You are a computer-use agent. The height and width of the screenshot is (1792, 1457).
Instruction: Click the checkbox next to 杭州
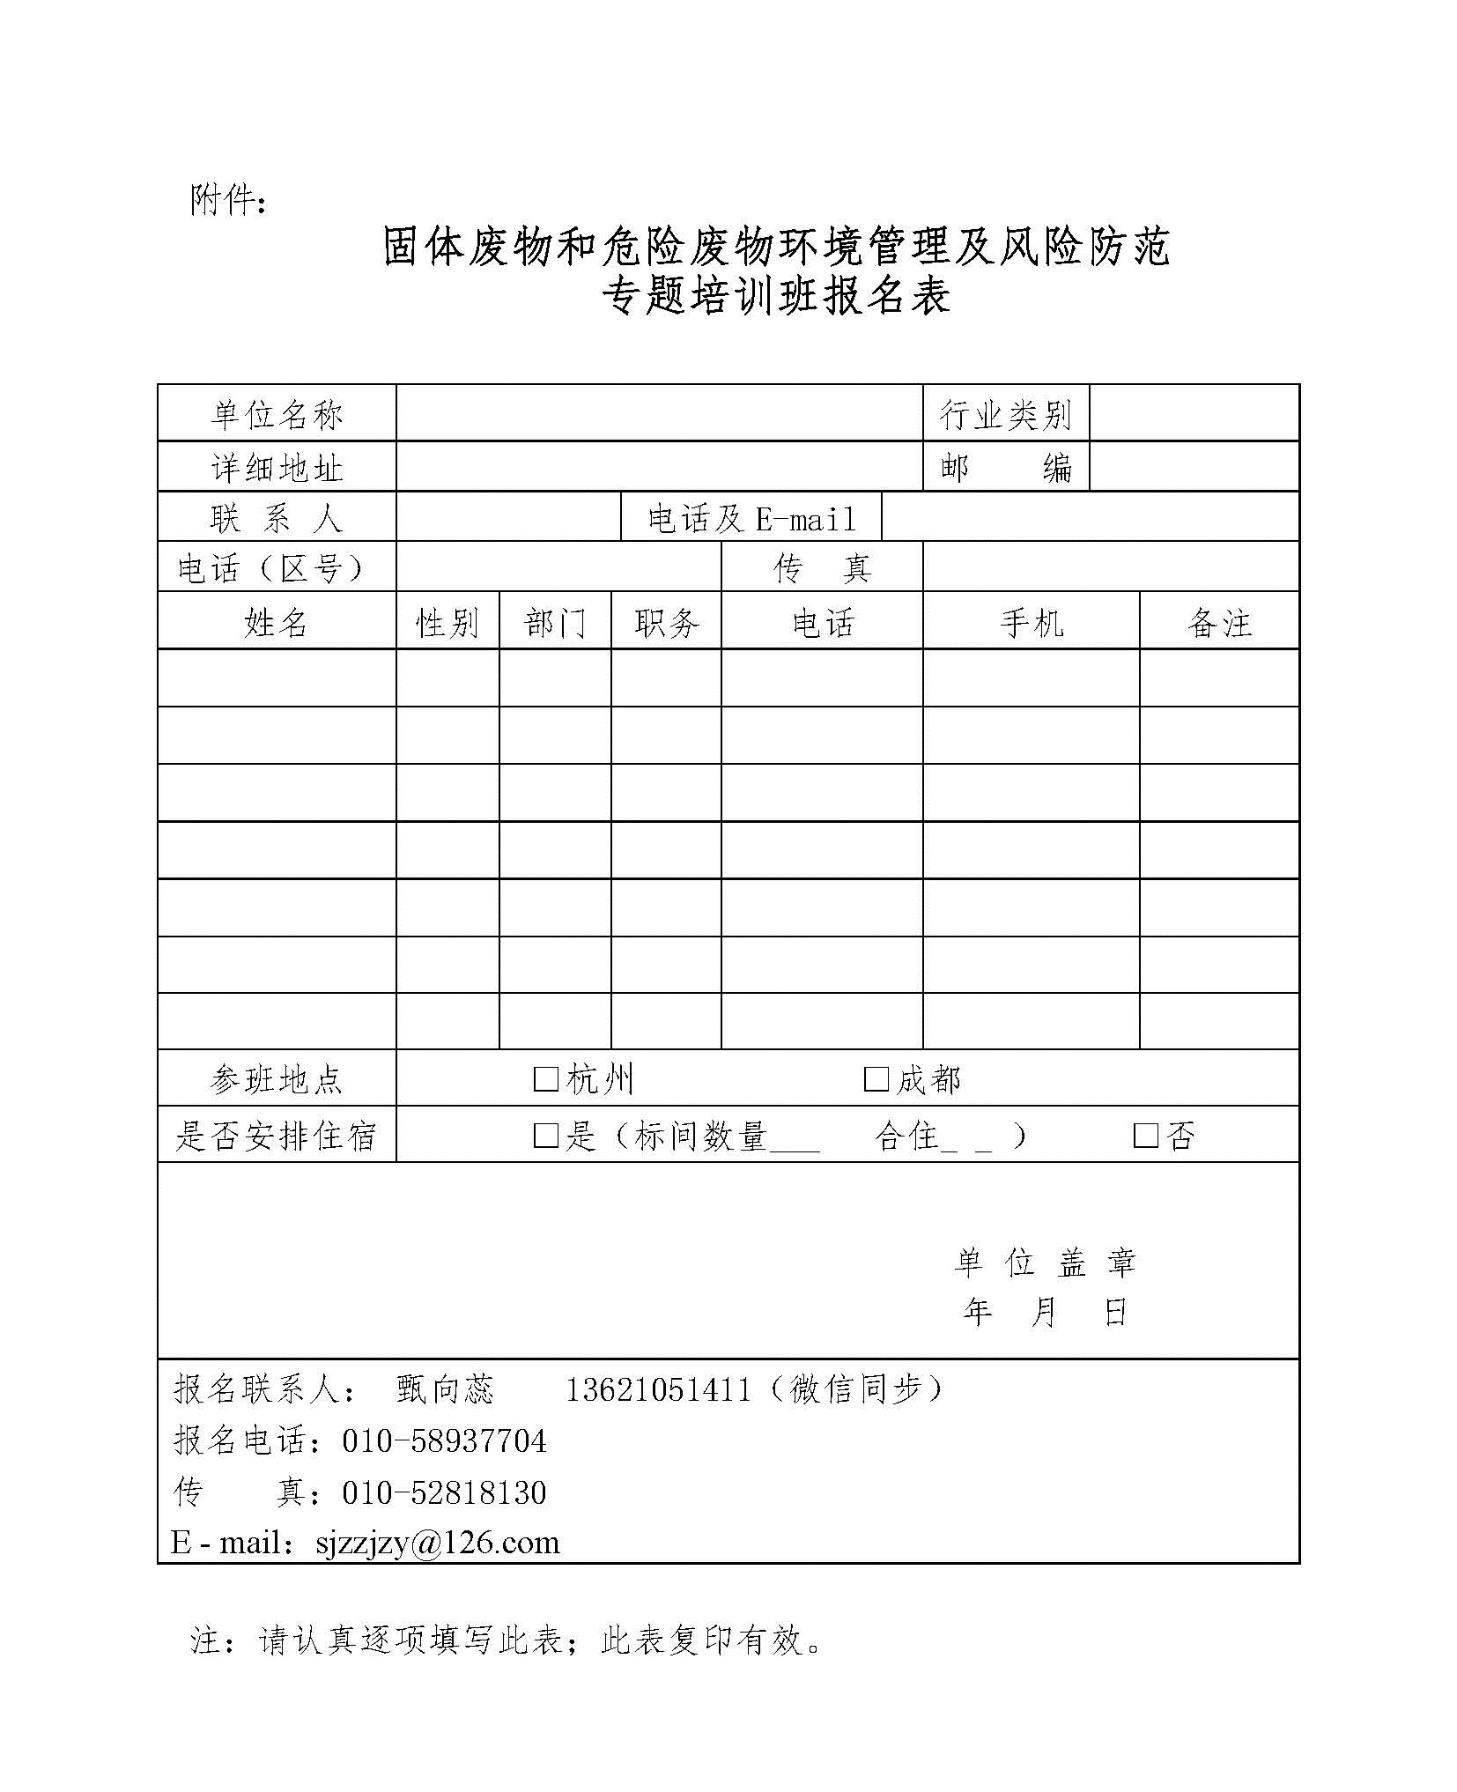click(546, 1079)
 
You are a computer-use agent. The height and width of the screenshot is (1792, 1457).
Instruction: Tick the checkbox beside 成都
click(876, 1079)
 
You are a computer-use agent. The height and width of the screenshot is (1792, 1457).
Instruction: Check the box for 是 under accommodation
click(546, 1136)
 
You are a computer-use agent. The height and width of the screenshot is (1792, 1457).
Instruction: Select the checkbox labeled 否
click(1145, 1136)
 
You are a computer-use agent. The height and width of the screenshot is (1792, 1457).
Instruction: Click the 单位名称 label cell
click(276, 414)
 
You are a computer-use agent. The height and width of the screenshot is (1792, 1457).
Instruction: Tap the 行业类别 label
click(1005, 414)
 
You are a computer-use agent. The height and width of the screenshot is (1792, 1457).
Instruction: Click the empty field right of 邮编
click(1194, 467)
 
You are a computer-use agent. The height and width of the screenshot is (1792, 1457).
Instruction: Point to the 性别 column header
click(447, 624)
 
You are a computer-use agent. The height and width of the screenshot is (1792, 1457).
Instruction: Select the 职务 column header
click(666, 624)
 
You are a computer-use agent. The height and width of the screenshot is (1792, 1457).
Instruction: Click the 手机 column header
click(1031, 624)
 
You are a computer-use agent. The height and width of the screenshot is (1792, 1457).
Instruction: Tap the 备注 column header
click(1219, 624)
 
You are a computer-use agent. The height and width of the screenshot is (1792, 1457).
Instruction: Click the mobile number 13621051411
click(658, 1390)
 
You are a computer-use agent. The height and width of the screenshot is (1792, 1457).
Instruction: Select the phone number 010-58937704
click(444, 1441)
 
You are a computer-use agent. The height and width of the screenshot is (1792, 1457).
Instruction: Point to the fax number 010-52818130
click(444, 1492)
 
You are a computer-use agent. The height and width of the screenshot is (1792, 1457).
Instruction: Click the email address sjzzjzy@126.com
click(438, 1543)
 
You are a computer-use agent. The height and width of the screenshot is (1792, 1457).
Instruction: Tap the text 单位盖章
click(1045, 1263)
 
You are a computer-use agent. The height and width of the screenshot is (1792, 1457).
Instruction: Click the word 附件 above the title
click(223, 201)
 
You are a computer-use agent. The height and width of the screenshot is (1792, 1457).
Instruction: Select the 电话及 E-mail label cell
click(751, 518)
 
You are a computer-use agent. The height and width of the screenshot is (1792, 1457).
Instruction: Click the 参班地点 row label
click(276, 1079)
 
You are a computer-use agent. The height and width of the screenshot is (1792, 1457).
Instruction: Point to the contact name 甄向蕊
click(445, 1390)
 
